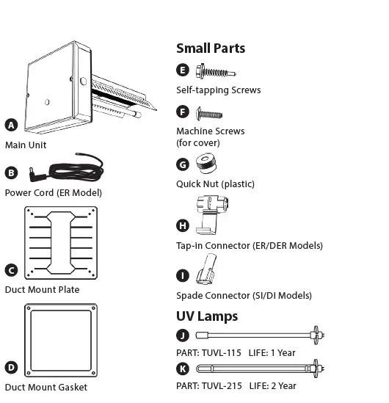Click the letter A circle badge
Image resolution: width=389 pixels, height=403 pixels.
[11, 125]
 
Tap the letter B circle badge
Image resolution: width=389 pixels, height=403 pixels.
[11, 173]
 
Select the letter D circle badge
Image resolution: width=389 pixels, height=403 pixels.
[11, 367]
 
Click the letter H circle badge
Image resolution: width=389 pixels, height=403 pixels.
[183, 225]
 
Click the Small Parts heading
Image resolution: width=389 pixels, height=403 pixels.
[211, 48]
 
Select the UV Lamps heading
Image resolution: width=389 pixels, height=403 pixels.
[207, 316]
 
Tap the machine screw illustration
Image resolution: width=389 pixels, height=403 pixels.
[209, 113]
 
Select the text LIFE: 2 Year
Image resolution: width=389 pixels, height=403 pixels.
[272, 385]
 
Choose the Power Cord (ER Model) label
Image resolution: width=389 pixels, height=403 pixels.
[53, 192]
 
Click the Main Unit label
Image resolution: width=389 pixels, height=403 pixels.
[26, 145]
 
